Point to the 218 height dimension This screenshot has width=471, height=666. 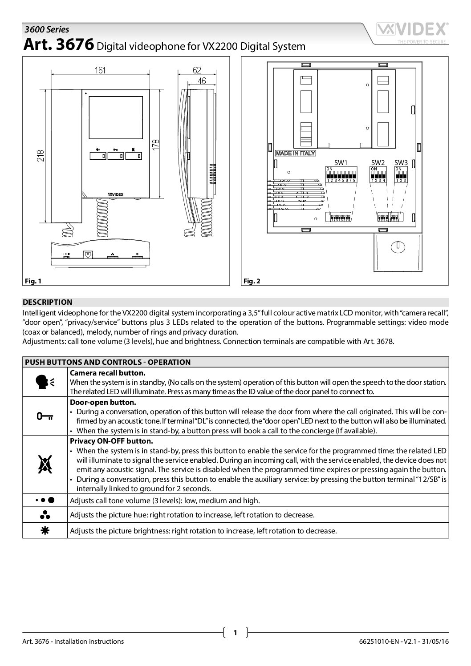[x=41, y=155]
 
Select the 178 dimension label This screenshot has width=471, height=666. [x=157, y=145]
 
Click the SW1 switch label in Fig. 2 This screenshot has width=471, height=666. [x=341, y=162]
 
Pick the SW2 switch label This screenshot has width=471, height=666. [x=378, y=162]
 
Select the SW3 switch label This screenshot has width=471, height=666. [x=401, y=162]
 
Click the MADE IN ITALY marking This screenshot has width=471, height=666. [x=295, y=153]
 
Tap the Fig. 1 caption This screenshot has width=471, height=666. [x=32, y=281]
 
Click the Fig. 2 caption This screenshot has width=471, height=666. [x=252, y=281]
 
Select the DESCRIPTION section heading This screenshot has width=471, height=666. [x=47, y=302]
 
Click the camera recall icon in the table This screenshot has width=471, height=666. [x=45, y=381]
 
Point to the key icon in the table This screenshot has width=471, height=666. [x=45, y=416]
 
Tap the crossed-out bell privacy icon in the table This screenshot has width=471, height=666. [x=45, y=464]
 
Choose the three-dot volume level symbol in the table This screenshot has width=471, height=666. [x=45, y=500]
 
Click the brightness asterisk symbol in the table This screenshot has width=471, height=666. [x=45, y=530]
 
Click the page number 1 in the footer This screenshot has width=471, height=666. [x=235, y=632]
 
